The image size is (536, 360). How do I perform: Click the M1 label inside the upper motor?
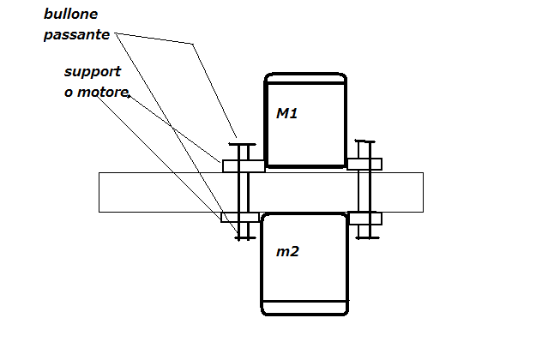coord(286,112)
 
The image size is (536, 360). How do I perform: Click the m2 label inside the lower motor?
coord(287,252)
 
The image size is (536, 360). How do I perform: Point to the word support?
coord(93,73)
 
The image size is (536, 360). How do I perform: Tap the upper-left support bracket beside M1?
coord(243,165)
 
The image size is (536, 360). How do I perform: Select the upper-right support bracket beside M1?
coord(364,163)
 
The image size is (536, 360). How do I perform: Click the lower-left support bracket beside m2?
coord(240,217)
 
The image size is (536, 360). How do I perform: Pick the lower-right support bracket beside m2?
coord(364,218)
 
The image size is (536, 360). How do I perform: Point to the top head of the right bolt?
coord(366,141)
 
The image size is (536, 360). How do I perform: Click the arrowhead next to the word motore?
coord(129,97)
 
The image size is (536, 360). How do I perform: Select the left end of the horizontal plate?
coord(101,192)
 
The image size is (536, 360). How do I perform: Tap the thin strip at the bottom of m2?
coord(304,307)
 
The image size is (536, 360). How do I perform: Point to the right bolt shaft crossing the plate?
coord(366,192)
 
